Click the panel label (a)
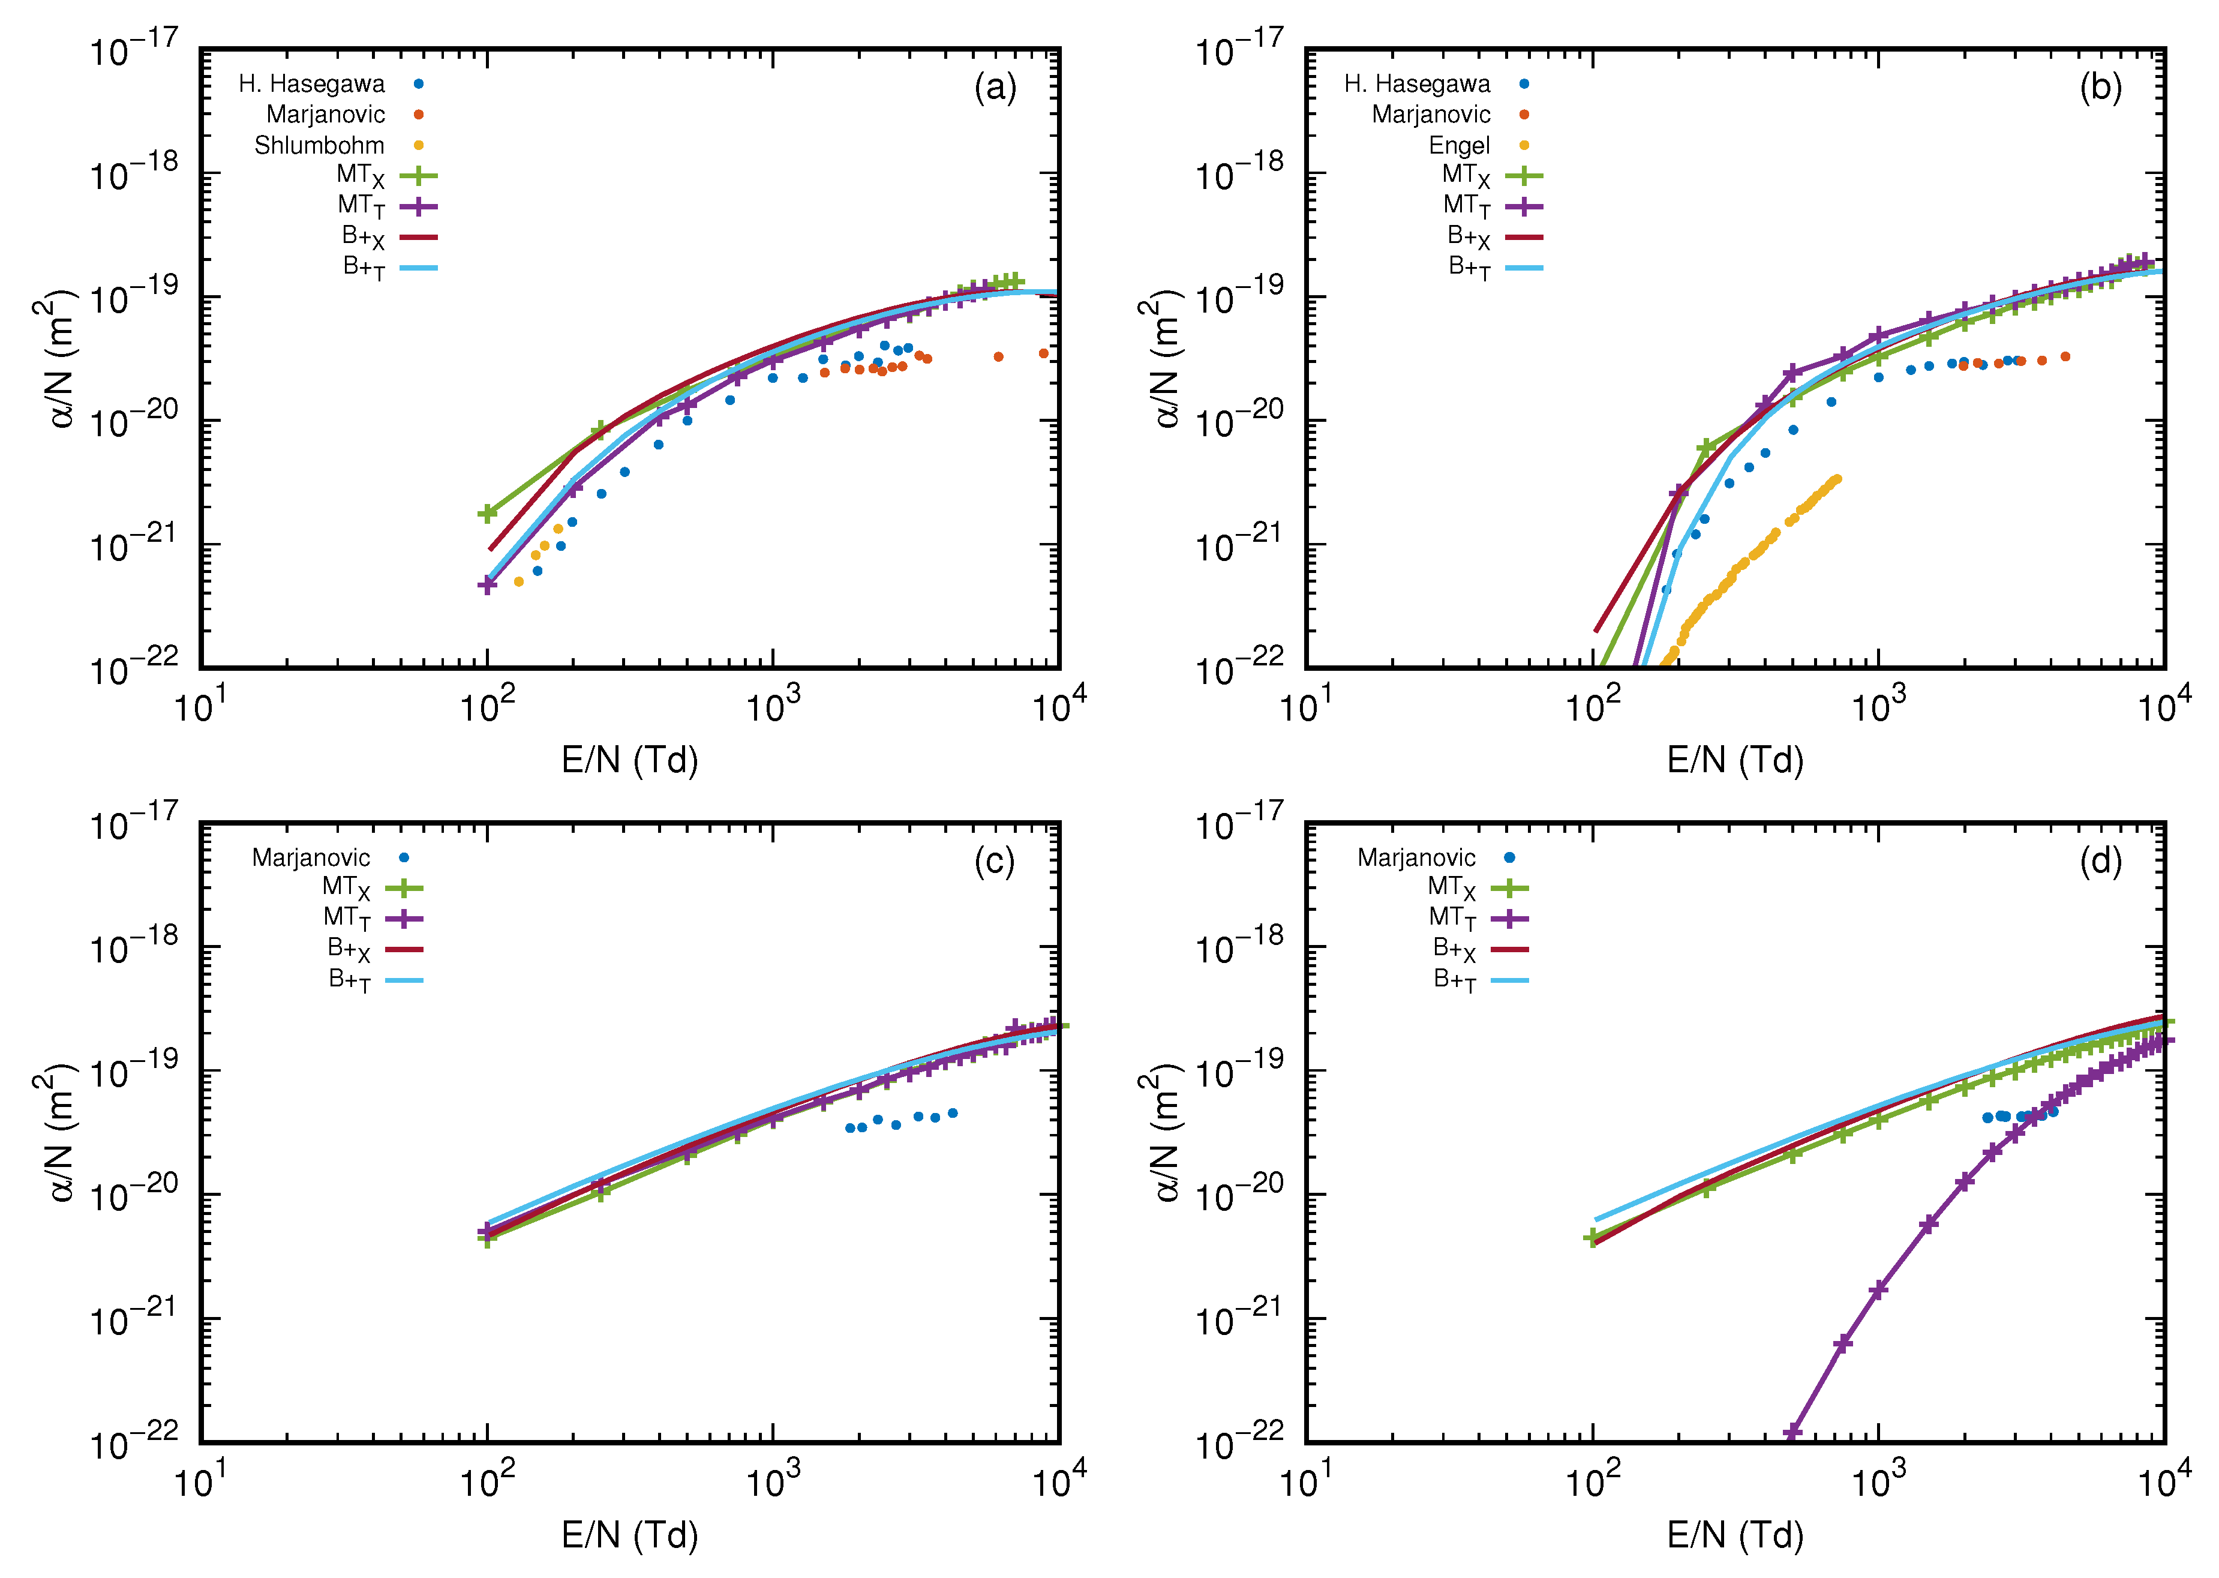click(995, 88)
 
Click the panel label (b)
click(2100, 88)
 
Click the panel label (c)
click(994, 862)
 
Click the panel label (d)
click(2100, 862)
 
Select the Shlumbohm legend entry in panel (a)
click(320, 146)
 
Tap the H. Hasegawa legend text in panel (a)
click(312, 85)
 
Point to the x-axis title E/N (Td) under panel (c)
click(629, 1535)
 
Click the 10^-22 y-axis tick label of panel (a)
click(134, 670)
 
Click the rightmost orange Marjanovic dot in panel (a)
click(1043, 353)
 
